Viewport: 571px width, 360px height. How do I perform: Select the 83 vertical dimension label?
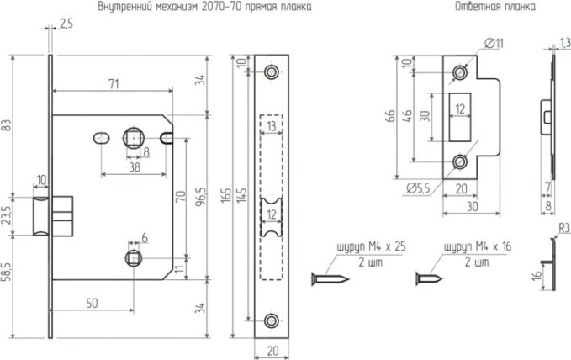[8, 125]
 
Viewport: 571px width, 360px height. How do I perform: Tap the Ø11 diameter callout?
[494, 42]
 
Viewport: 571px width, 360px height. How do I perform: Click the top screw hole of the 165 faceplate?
[271, 73]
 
